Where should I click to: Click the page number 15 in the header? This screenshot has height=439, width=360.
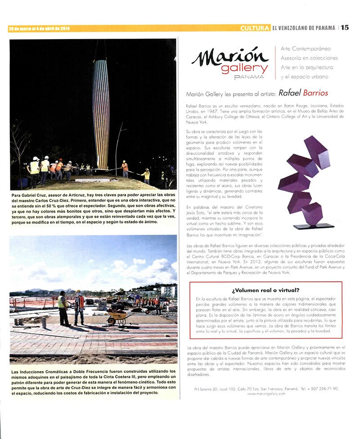(345, 27)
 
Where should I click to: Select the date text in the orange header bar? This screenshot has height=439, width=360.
(39, 29)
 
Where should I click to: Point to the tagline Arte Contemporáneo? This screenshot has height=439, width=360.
(305, 49)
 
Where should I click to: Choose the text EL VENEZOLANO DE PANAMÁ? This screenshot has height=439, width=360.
(303, 28)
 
